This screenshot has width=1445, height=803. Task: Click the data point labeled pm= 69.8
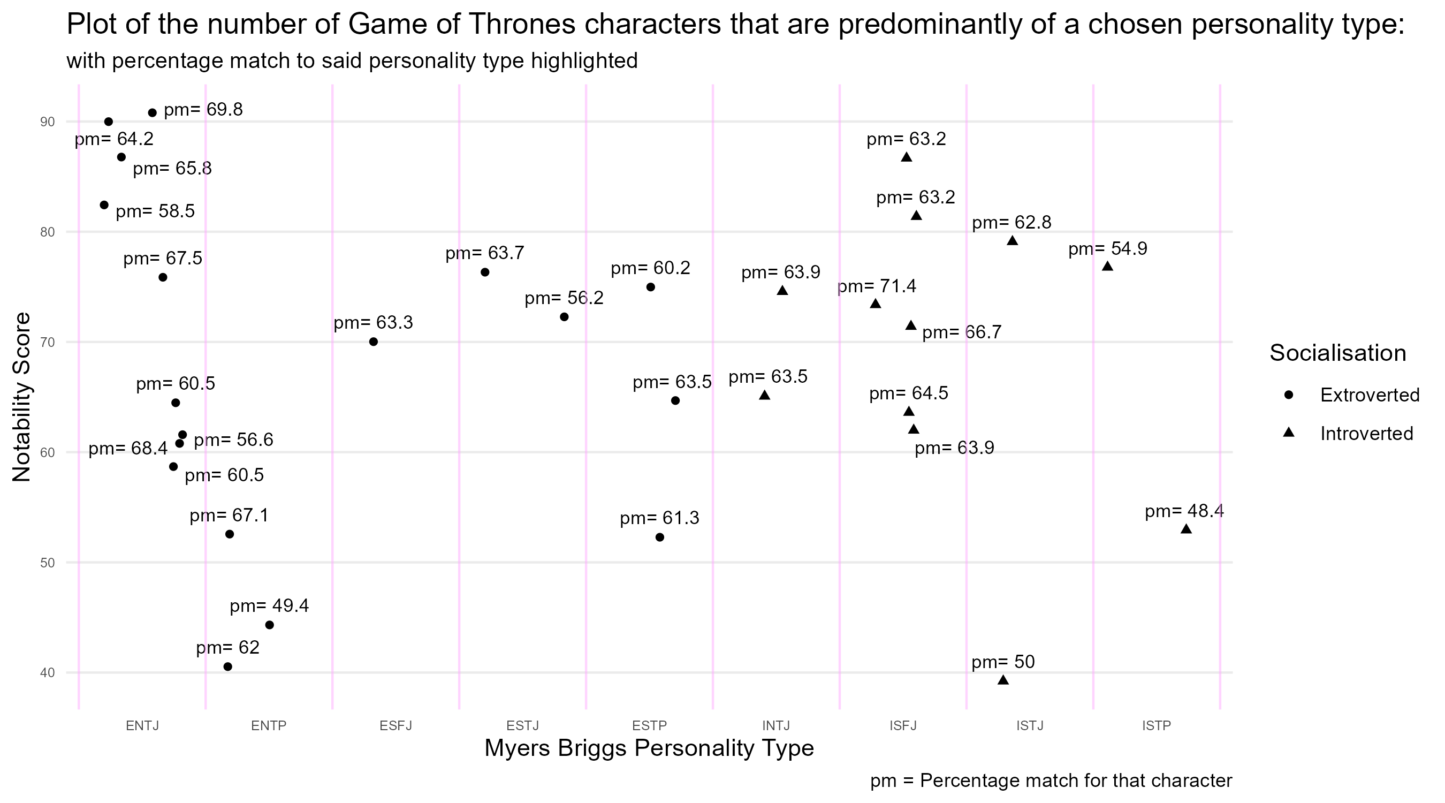[152, 113]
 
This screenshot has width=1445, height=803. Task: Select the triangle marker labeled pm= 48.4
[1186, 529]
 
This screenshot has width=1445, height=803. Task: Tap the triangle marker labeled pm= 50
[1003, 680]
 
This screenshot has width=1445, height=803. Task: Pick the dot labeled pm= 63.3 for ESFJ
[374, 342]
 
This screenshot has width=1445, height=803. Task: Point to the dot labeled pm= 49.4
[269, 625]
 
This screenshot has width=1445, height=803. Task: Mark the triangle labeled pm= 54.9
[1107, 266]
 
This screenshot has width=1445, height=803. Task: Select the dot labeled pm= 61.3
[660, 537]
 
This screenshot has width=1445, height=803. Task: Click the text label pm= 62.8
[1011, 223]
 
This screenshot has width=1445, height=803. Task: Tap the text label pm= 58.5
[155, 211]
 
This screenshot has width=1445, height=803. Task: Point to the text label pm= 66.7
[962, 333]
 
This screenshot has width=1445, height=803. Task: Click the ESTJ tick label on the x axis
[523, 725]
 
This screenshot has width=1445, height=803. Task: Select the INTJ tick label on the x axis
[776, 725]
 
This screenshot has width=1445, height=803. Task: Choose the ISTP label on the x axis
[1157, 725]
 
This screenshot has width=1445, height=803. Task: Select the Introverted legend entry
[1366, 434]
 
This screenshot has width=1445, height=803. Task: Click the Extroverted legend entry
[1370, 395]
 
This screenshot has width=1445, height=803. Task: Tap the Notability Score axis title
[22, 397]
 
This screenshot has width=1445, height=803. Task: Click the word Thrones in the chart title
[520, 25]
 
